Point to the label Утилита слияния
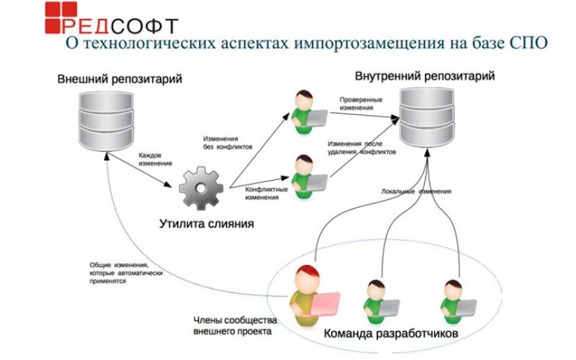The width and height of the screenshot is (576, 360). (x=207, y=224)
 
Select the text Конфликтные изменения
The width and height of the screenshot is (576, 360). (x=266, y=193)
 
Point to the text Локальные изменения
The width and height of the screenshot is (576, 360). (x=416, y=192)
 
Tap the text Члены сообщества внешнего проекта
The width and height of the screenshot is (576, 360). (x=233, y=327)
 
